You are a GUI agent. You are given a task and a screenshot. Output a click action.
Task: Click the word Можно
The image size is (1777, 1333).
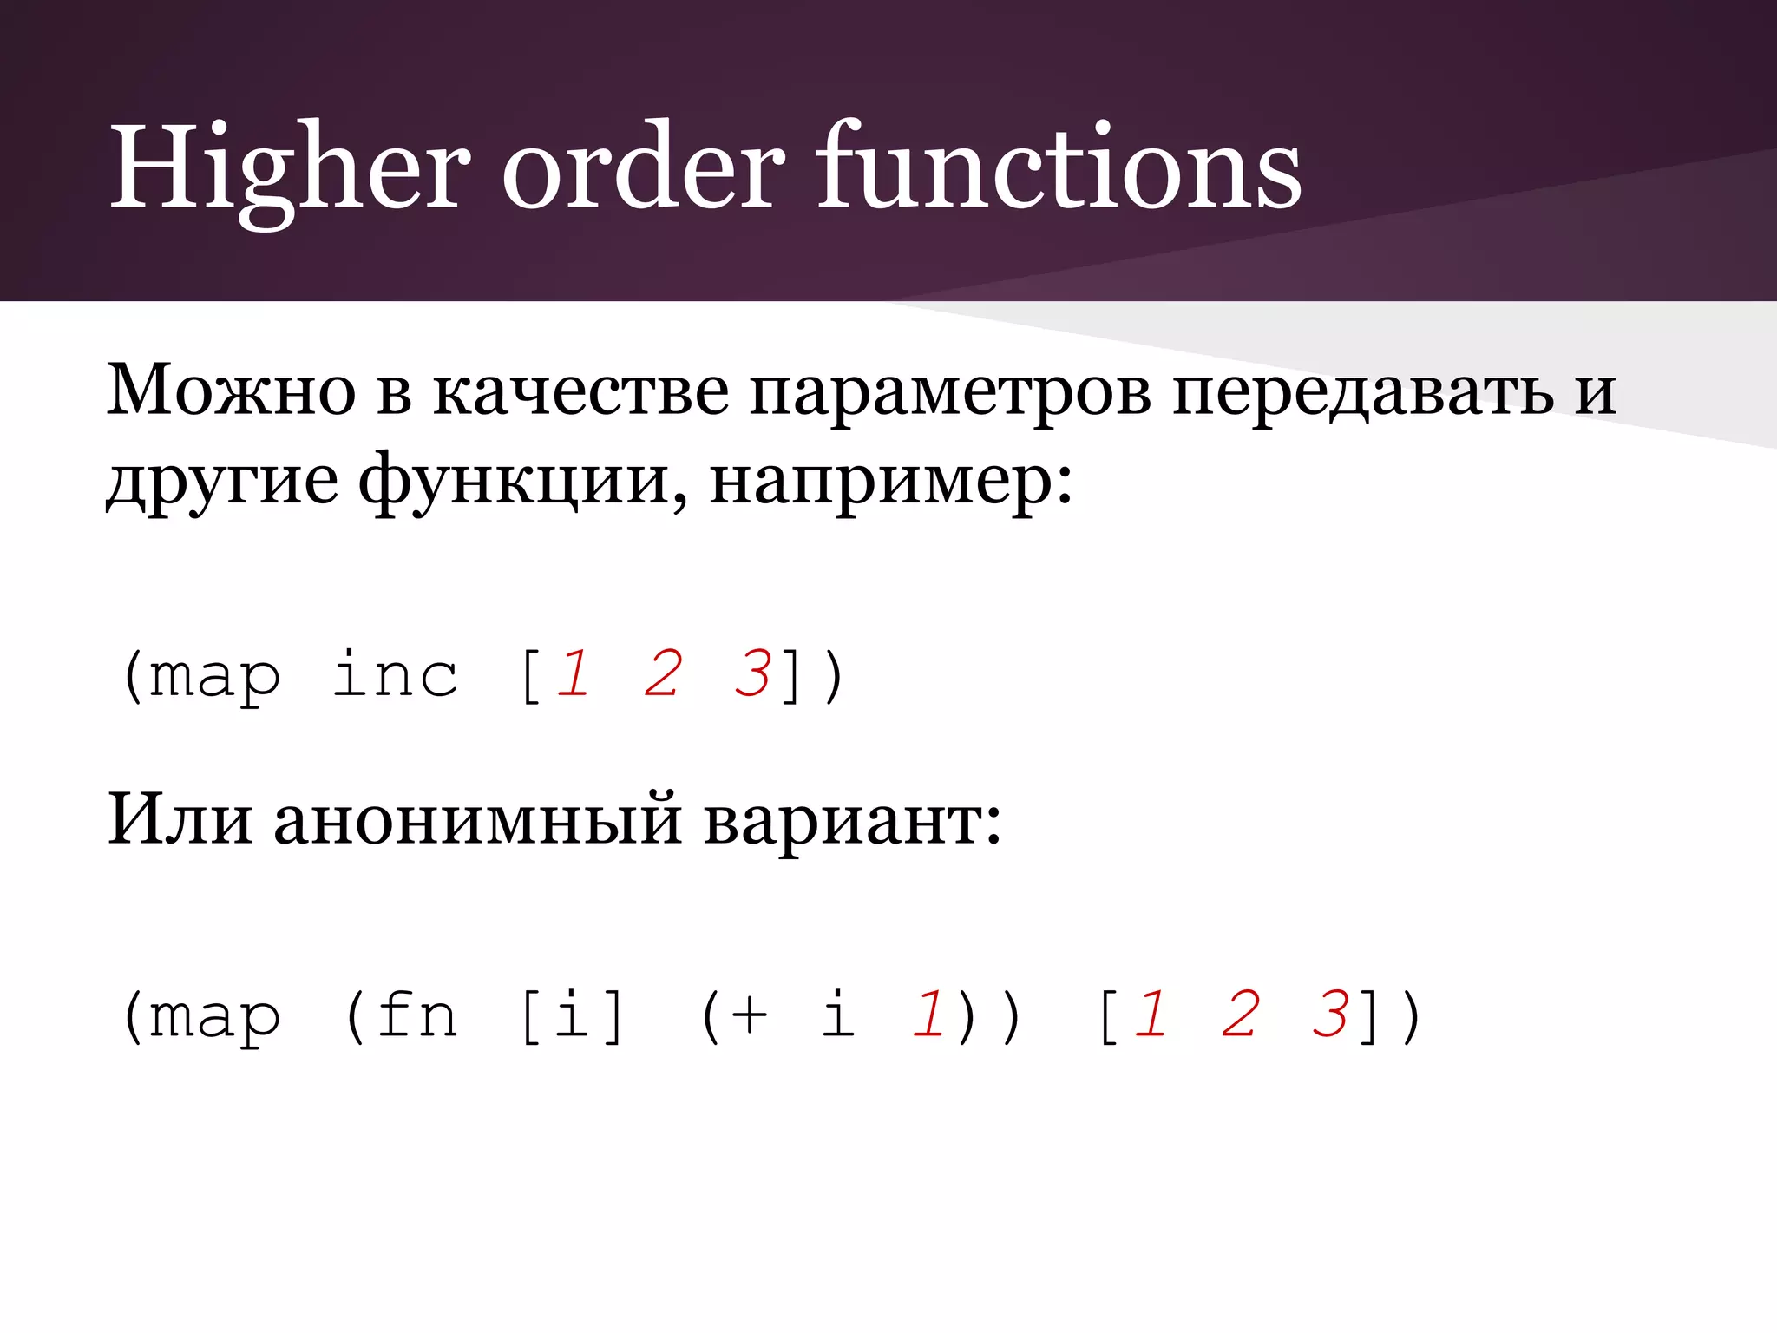231,391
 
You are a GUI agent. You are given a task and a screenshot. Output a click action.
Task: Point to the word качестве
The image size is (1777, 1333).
580,391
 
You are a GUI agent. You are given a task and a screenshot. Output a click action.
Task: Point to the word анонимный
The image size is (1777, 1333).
478,821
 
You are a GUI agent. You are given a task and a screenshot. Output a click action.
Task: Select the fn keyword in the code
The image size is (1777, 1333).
416,1015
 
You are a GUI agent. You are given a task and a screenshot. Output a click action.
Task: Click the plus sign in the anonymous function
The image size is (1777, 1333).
748,1015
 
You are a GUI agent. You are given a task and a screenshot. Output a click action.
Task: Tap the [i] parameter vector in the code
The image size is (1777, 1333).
572,1015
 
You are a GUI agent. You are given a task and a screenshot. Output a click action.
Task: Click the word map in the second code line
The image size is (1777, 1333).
214,1017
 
